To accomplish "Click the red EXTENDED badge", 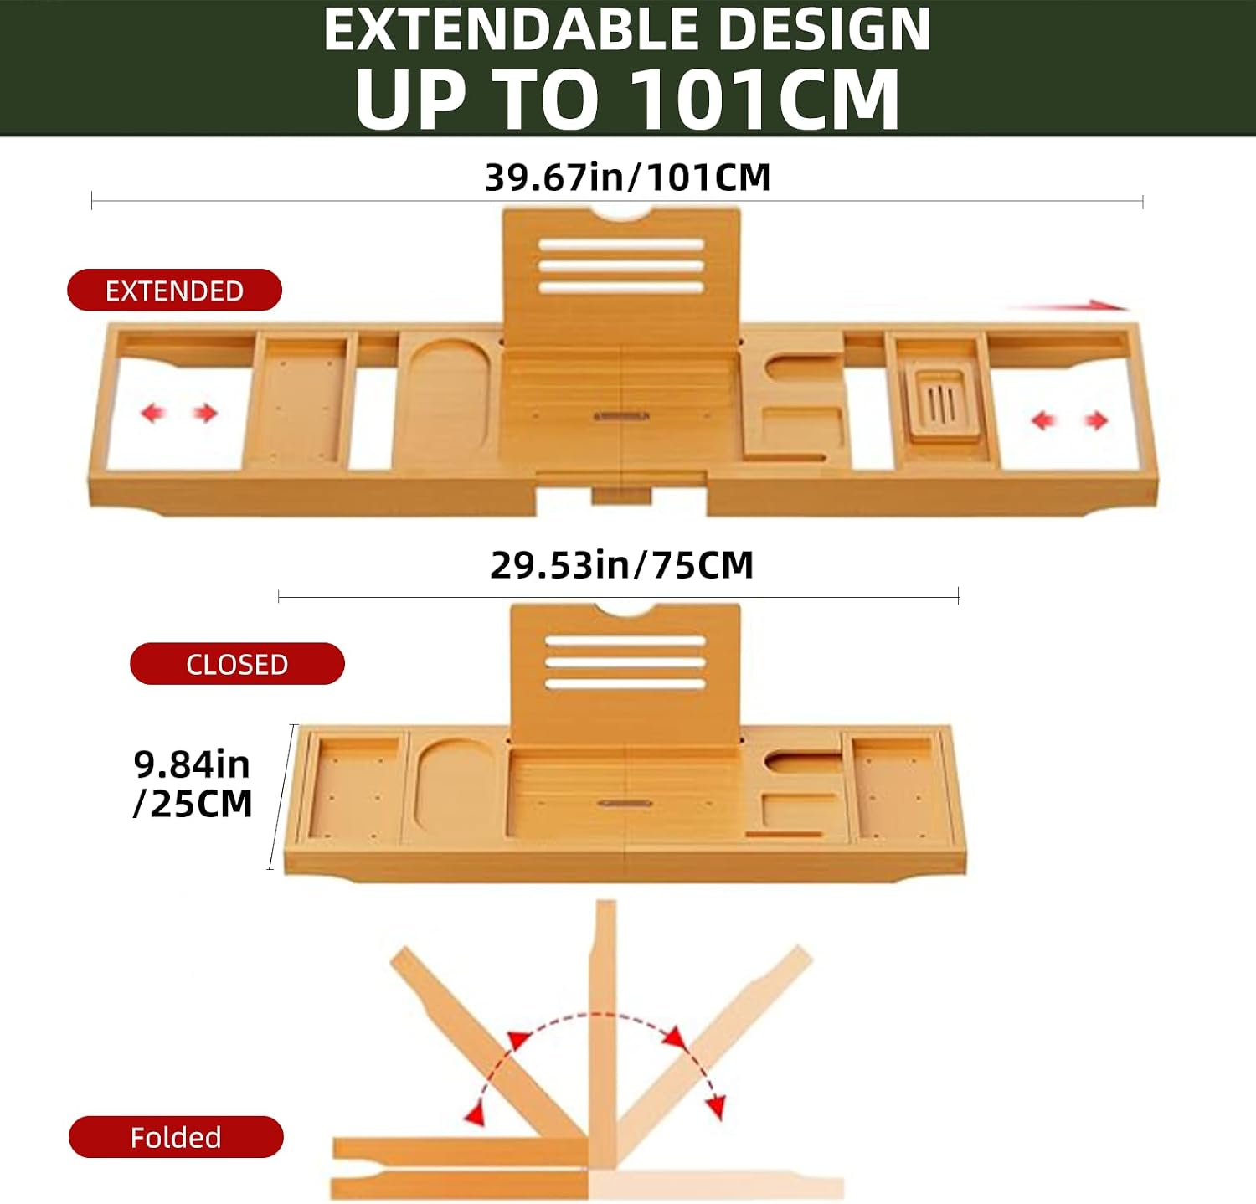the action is [174, 290].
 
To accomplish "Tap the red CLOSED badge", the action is [237, 664].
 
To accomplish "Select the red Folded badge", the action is [176, 1137].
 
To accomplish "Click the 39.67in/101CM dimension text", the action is [627, 178].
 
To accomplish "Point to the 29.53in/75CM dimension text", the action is [621, 565].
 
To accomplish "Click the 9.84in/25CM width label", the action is [193, 784].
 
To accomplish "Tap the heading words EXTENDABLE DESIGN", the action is [627, 29].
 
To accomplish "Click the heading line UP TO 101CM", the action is [627, 99].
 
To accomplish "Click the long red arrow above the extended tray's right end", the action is [1068, 306].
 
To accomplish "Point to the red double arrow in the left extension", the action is [178, 413].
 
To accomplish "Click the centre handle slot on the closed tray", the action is [625, 804].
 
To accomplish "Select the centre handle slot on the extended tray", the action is [622, 416].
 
